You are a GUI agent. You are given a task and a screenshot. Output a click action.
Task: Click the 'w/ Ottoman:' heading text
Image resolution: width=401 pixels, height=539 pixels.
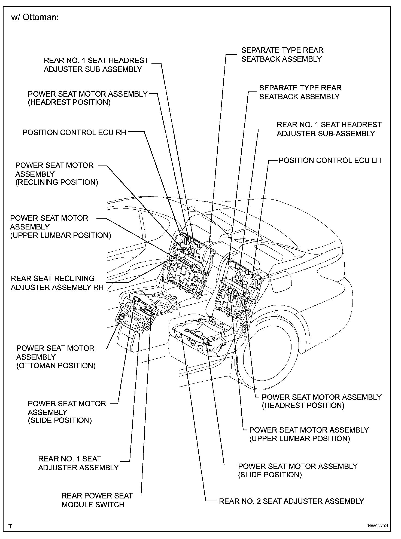(35, 18)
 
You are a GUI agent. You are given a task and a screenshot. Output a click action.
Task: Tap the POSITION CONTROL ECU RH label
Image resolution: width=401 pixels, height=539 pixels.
(74, 133)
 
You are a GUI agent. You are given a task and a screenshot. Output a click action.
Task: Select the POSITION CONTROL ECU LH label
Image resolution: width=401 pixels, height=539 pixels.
(330, 160)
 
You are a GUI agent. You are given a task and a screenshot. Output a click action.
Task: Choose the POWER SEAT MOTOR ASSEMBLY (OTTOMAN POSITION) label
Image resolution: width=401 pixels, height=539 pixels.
(56, 357)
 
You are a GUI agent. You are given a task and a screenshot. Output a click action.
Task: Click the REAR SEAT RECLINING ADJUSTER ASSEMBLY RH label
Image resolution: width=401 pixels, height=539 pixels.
(57, 283)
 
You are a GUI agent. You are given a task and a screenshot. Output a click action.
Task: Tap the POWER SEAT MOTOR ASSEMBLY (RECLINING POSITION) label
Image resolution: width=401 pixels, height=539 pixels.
(57, 174)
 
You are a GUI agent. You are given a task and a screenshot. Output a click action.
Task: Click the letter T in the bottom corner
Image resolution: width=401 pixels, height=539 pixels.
(10, 526)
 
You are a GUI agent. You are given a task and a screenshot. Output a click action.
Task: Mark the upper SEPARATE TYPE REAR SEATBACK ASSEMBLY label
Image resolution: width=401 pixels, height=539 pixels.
(282, 55)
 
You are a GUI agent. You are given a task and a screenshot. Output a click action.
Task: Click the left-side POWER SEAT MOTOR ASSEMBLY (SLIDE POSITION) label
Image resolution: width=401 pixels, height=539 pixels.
(67, 412)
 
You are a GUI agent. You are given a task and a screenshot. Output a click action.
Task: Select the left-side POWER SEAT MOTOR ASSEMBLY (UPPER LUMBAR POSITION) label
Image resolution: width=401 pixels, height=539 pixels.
(60, 227)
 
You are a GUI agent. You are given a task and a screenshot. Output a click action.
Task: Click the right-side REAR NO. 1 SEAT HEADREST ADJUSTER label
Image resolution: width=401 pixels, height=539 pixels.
(329, 129)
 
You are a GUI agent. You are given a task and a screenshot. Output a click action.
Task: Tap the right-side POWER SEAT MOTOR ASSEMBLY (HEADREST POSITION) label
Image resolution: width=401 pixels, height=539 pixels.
(321, 401)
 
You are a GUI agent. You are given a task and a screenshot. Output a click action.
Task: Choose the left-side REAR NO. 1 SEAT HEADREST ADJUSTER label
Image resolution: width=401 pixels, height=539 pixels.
(96, 65)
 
